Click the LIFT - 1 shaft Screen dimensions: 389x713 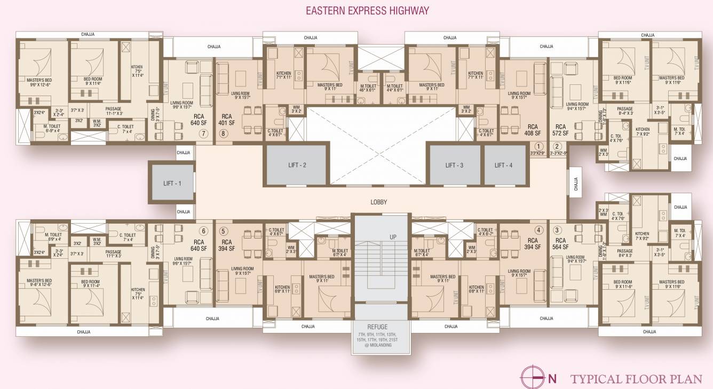click(172, 184)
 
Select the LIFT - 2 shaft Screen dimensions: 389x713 click(297, 165)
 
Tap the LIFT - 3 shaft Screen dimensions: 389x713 click(454, 165)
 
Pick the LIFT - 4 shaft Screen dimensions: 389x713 click(503, 165)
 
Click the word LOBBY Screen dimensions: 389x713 click(378, 202)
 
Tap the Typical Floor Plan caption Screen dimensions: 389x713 click(636, 379)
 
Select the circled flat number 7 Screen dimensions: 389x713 click(203, 134)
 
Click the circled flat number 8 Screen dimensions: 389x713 click(223, 134)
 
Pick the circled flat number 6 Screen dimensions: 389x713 click(203, 231)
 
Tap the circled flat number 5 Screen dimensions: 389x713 click(223, 231)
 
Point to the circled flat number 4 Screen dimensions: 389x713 click(539, 231)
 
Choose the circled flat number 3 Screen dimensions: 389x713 click(557, 231)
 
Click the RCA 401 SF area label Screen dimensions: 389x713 click(227, 119)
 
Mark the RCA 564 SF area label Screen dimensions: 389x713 click(560, 244)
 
